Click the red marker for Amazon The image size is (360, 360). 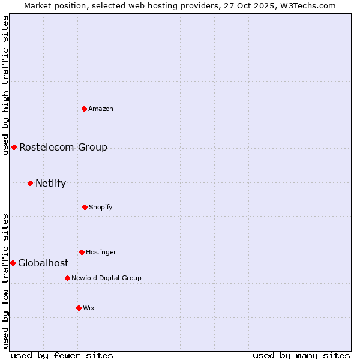(x=84, y=109)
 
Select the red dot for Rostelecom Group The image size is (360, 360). (x=14, y=147)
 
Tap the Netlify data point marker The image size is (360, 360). (x=30, y=183)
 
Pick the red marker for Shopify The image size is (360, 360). (x=85, y=207)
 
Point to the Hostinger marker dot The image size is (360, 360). (x=82, y=252)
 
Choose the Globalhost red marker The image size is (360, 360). (x=13, y=263)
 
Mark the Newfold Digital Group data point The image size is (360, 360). (x=67, y=278)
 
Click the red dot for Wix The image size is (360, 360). (x=79, y=308)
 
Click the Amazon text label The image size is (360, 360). (x=101, y=109)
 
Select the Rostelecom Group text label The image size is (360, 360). (x=63, y=147)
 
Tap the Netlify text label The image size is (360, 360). (x=50, y=183)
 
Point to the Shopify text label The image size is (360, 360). (x=101, y=207)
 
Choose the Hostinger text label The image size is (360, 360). (x=101, y=252)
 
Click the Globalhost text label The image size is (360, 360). (x=43, y=263)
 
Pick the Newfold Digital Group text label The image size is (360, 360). (x=106, y=278)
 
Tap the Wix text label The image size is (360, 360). (x=89, y=308)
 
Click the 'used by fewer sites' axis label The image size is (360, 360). (x=62, y=355)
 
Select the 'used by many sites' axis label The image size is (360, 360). (x=301, y=355)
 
